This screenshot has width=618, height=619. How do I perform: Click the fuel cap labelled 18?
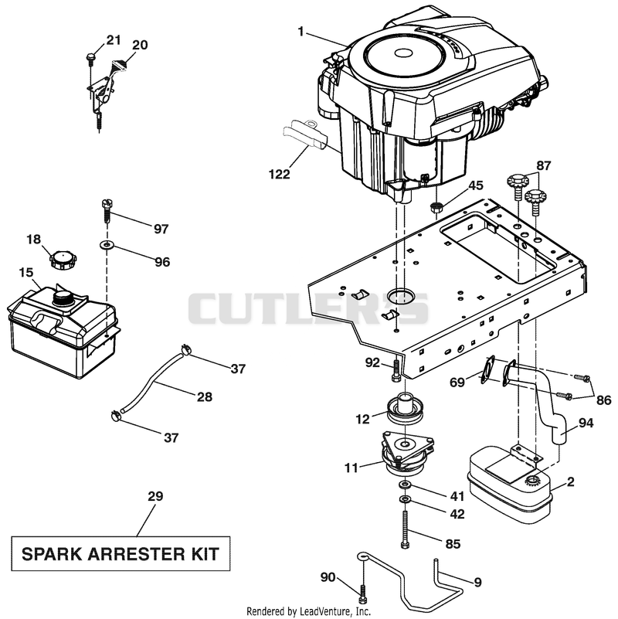coord(63,260)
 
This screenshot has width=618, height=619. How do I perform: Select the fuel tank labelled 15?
coord(63,331)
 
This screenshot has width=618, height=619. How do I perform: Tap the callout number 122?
coord(279,174)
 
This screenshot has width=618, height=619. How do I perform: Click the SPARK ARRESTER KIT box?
coord(121,553)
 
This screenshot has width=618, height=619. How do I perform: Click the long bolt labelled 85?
coord(406,529)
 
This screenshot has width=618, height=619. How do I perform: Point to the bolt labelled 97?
coord(107,211)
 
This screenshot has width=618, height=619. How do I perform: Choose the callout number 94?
coord(586,423)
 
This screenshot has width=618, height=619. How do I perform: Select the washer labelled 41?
coord(405,485)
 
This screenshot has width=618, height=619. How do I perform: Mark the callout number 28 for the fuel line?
coord(205,396)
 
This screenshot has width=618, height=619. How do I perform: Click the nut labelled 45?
coord(435,207)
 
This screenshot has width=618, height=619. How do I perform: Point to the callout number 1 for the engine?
coord(301,31)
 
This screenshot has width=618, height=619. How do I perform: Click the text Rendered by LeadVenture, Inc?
coord(308,611)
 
